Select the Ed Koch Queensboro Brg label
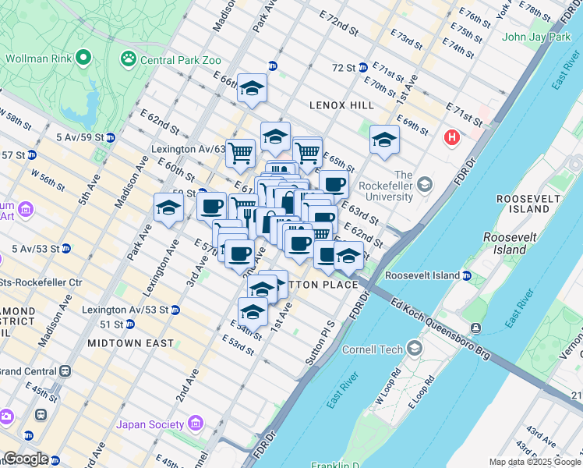(x=441, y=328)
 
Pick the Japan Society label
(x=151, y=425)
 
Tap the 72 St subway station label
(x=344, y=68)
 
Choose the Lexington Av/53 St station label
(x=125, y=310)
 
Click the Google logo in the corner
(x=26, y=459)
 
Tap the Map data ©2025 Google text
(x=535, y=462)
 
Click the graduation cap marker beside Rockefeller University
(x=384, y=140)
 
